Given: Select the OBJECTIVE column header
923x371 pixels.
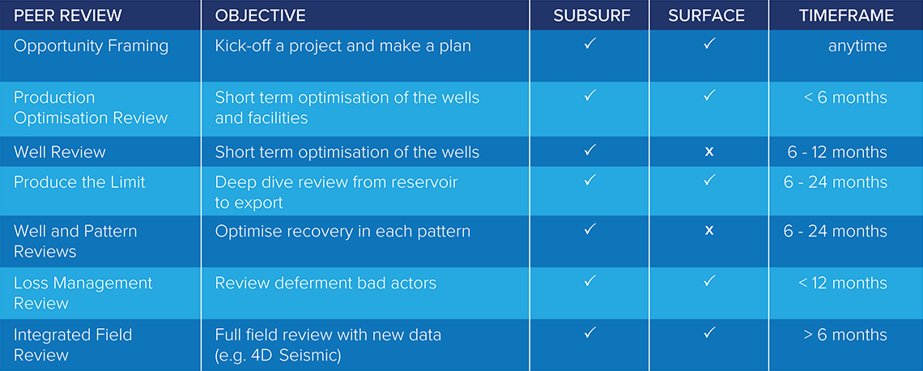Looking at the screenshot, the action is [260, 16].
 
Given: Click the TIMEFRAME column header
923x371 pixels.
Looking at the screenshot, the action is [846, 16].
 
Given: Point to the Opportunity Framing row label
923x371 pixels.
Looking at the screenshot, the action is [91, 46].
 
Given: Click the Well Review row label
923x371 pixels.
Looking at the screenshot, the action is [60, 152].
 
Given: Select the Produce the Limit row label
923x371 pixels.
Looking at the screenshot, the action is [79, 182].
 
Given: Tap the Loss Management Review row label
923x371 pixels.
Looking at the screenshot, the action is [83, 293].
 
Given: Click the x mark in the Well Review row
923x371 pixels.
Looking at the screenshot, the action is [709, 152].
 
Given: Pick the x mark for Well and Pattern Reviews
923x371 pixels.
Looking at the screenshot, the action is [709, 230].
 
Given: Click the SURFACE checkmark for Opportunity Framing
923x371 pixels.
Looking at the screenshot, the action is [710, 43].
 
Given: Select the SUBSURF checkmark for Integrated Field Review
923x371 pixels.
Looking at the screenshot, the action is [590, 333].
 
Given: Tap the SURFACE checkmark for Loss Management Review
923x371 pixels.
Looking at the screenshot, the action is [710, 281].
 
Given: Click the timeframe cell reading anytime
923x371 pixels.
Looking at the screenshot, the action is [857, 46].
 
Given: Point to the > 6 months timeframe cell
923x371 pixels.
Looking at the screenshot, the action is [845, 335].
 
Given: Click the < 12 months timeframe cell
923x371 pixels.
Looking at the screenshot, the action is [843, 283].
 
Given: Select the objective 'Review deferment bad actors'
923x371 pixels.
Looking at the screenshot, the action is [325, 283].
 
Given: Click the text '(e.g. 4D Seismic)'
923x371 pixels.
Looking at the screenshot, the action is [279, 356].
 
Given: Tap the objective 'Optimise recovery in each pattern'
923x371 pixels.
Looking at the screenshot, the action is [342, 231].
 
